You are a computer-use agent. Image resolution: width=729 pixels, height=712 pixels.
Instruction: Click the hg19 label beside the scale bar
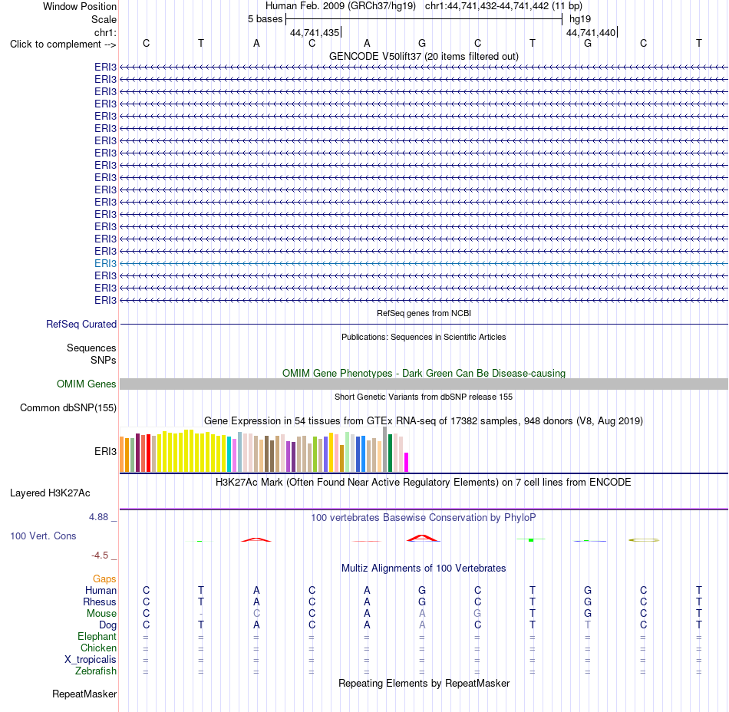[580, 19]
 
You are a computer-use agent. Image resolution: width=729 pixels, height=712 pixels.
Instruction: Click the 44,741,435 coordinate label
[315, 32]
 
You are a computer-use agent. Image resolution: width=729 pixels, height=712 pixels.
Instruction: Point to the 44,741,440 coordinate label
[590, 32]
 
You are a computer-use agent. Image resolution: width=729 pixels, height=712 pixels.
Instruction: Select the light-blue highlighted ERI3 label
[105, 263]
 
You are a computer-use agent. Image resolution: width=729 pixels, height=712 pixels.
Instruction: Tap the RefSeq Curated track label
[81, 324]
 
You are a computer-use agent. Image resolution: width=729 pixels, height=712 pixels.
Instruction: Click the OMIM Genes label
[87, 384]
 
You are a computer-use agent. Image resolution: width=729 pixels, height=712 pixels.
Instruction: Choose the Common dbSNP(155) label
[68, 407]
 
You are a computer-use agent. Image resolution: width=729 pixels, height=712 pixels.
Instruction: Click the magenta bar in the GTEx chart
[407, 463]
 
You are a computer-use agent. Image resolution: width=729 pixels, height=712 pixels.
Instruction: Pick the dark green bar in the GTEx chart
[391, 453]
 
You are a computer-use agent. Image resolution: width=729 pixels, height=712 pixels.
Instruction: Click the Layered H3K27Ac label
[50, 493]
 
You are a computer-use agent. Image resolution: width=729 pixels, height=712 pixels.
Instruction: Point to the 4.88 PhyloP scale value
[98, 517]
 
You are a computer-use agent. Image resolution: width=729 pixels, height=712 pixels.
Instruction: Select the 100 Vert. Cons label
[43, 536]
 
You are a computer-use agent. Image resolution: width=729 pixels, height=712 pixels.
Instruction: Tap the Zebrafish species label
[96, 671]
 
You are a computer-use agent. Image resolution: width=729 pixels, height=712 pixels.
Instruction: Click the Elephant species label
[97, 636]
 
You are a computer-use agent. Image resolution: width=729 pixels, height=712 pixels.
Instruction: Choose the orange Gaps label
[104, 578]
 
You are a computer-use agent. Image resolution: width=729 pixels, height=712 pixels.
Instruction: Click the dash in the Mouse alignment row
[201, 614]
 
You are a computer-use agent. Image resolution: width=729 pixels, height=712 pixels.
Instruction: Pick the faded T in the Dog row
[588, 625]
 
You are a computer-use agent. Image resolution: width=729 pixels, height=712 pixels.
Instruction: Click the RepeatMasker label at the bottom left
[84, 694]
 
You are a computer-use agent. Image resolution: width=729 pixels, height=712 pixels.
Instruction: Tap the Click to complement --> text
[63, 44]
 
